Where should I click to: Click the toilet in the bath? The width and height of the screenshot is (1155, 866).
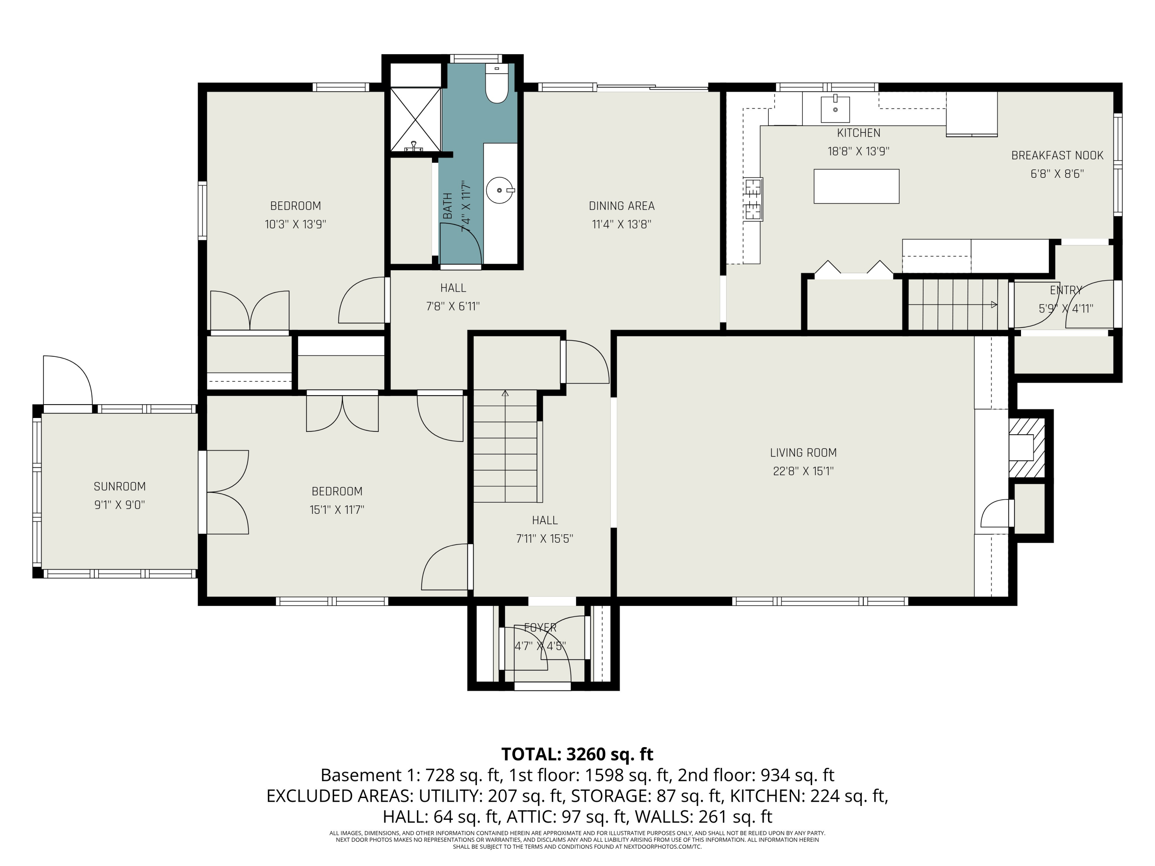tap(497, 83)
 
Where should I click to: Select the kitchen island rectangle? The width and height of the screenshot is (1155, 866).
tap(856, 186)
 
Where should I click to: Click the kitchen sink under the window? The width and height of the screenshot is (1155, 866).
tap(835, 108)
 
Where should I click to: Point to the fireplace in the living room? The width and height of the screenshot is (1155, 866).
tap(1026, 448)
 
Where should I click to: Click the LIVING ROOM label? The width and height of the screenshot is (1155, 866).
tap(803, 453)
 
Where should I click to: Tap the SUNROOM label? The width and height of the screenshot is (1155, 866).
tap(120, 486)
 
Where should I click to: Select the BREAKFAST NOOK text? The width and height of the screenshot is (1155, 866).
tap(1057, 155)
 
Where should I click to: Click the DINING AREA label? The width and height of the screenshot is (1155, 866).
tap(621, 206)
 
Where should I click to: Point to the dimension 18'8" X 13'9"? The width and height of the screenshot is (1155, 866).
tap(859, 151)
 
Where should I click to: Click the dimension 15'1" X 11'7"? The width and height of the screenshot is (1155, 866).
tap(337, 510)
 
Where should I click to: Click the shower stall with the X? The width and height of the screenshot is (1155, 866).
tap(416, 119)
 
